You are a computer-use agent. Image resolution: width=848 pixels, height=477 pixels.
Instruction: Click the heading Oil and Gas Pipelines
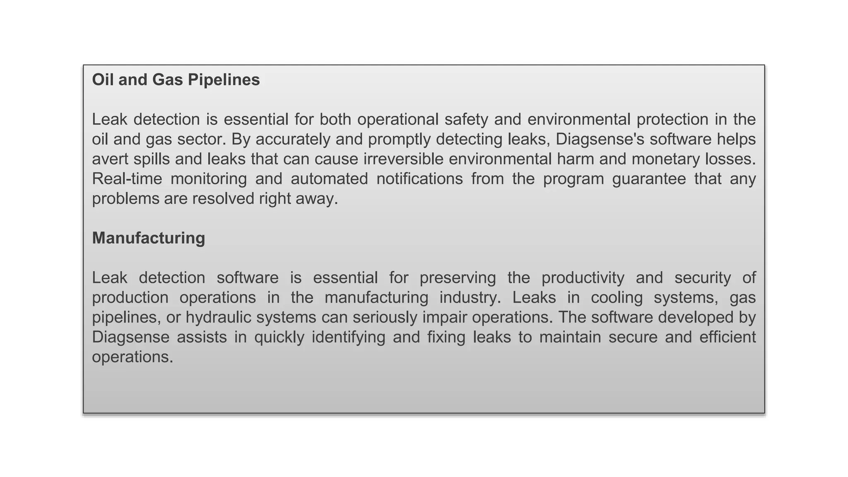[176, 79]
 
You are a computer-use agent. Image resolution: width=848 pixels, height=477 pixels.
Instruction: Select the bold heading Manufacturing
[148, 238]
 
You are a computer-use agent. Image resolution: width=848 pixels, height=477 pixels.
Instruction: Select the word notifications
[419, 179]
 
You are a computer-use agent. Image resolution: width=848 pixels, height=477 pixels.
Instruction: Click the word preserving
[458, 278]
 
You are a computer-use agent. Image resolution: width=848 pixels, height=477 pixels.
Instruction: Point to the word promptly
[399, 140]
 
